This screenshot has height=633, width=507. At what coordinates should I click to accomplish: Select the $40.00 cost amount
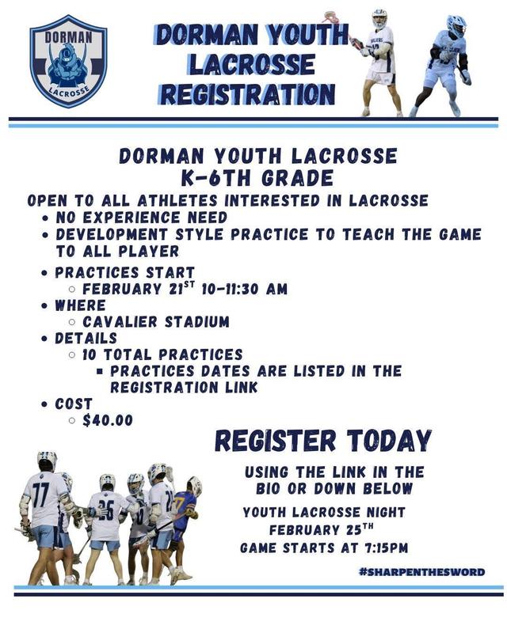[x=108, y=421]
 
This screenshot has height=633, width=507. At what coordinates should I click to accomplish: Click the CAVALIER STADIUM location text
[x=156, y=322]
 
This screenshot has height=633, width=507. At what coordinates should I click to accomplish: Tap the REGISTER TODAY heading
[x=323, y=440]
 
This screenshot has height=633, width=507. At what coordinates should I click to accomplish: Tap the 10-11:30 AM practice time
[x=242, y=290]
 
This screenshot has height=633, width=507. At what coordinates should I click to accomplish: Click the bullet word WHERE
[x=80, y=305]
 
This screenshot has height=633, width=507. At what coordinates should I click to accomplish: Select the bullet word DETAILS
[x=86, y=338]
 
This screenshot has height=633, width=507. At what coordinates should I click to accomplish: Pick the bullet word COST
[x=74, y=404]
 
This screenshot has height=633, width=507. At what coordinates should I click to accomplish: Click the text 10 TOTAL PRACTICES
[x=162, y=354]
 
